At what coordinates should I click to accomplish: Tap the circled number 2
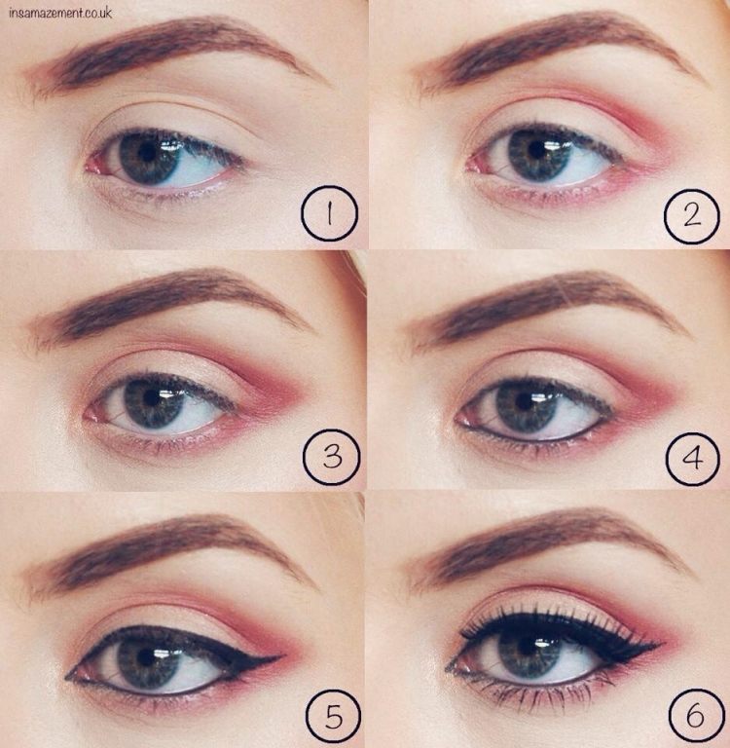(692, 211)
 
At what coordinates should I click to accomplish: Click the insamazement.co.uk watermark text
(60, 13)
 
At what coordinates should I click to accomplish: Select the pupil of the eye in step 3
(153, 396)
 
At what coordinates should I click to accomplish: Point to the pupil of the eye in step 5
(147, 654)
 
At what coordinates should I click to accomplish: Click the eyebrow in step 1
(165, 49)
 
